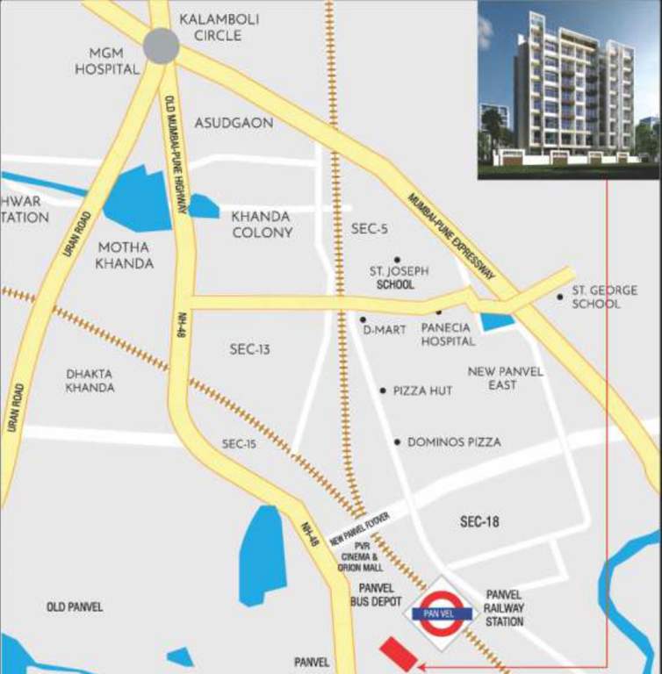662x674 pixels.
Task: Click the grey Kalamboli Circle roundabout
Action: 162,45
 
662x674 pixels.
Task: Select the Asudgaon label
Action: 234,123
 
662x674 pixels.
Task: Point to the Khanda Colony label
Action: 262,225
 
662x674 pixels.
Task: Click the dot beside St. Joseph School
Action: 397,260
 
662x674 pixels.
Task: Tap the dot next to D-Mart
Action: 363,319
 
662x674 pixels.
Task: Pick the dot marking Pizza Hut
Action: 382,391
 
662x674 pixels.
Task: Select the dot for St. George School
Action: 560,297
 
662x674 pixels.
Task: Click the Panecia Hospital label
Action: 448,334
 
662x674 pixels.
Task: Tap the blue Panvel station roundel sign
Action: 439,612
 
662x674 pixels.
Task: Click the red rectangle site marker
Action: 399,654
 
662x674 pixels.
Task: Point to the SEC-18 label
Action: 479,522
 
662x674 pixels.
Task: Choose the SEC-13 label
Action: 250,349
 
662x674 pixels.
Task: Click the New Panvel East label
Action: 505,378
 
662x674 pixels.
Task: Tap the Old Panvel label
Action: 75,607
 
